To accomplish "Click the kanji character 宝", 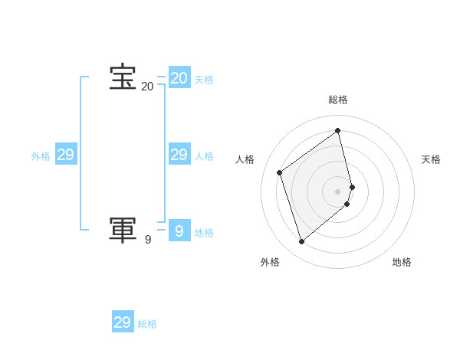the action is point(123,77).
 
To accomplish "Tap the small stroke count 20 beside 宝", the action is point(147,87).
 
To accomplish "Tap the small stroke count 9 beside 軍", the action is point(148,240).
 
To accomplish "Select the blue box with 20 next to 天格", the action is point(179,78).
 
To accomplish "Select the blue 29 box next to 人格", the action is point(179,155).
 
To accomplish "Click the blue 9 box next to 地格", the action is point(179,231).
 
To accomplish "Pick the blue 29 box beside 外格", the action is point(65,155).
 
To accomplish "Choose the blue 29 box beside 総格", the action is point(123,322).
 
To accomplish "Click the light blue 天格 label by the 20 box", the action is point(204,80).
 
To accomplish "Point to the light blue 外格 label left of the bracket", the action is point(41,156).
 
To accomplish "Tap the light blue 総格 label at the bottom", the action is point(147,324).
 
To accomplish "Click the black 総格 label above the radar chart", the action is point(338,100).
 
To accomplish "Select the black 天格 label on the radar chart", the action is point(431,159).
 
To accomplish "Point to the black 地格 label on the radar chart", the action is point(402,262).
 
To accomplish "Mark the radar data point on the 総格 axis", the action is point(338,130).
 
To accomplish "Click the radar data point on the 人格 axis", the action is point(280,172).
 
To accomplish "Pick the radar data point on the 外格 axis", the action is point(301,242).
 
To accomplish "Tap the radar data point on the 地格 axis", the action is point(347,204).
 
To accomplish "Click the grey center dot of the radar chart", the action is point(338,191).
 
